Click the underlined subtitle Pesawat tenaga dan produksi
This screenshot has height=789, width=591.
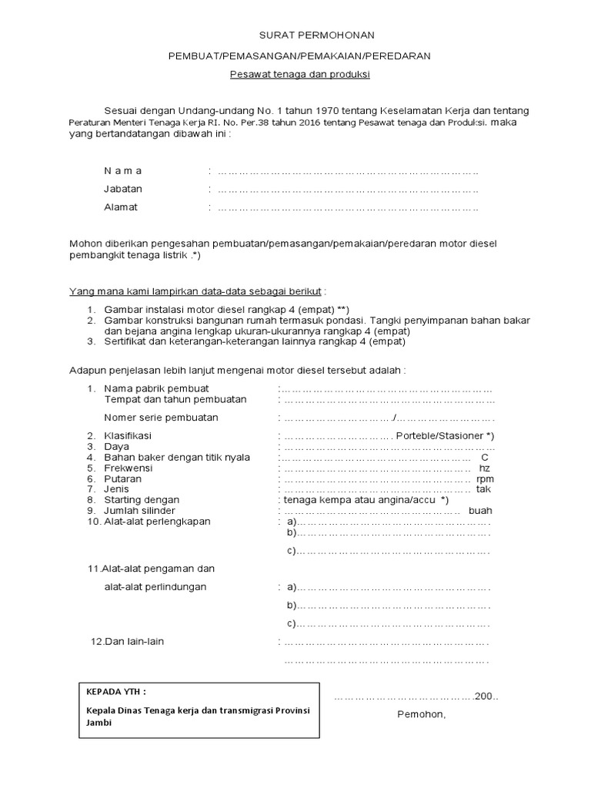pos(300,75)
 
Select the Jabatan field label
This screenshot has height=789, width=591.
pos(123,189)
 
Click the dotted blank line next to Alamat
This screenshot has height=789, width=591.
pos(348,208)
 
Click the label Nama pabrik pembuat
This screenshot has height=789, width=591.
pos(156,388)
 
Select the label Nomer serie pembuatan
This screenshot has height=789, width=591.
pos(161,418)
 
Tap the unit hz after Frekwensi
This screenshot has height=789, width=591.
pos(485,468)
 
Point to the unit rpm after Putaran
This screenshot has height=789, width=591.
pos(485,478)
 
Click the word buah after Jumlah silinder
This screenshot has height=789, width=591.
pos(480,510)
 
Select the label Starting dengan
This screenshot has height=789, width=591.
pos(142,500)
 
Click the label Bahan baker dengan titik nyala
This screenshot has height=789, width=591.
pos(177,457)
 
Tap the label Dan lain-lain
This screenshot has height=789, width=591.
pos(128,641)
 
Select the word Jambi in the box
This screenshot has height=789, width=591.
pos(99,724)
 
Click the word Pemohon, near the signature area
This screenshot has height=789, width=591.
pos(421,713)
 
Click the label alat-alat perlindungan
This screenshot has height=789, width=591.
pos(155,586)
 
